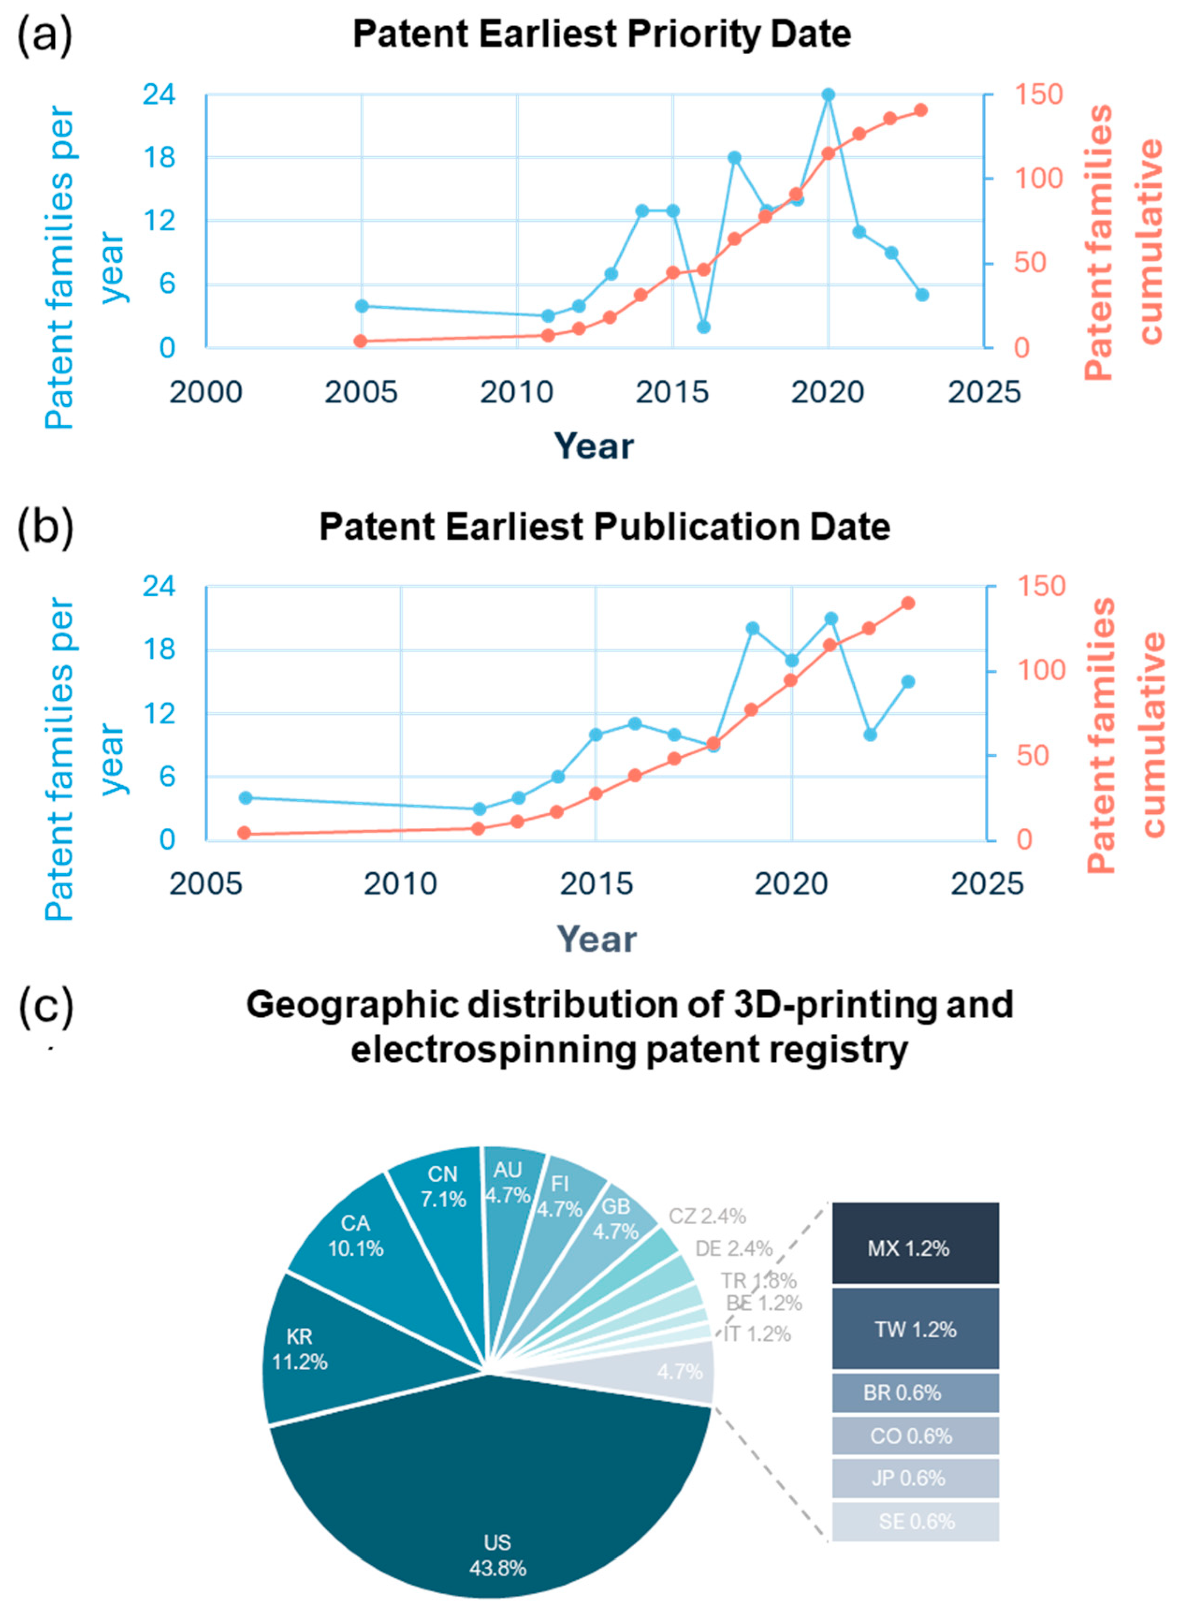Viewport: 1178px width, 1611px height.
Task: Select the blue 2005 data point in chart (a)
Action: (x=362, y=306)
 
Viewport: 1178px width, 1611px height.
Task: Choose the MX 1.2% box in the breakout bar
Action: (x=915, y=1247)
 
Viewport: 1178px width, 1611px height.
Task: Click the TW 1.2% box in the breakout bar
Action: (x=915, y=1328)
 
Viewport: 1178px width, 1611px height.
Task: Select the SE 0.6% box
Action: (x=915, y=1522)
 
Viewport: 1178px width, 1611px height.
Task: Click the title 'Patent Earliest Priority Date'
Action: (x=602, y=34)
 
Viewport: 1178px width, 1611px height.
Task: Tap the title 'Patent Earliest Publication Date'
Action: (x=604, y=527)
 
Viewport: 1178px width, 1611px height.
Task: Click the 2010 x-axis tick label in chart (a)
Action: (x=517, y=392)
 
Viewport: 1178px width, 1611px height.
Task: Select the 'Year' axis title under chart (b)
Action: (x=596, y=939)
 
